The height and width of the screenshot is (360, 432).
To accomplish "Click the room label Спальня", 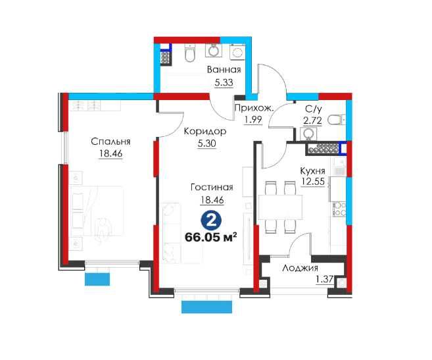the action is pyautogui.click(x=110, y=141).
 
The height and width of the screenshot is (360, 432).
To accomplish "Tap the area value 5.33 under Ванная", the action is pyautogui.click(x=224, y=82).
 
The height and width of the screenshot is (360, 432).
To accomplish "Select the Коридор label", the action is pyautogui.click(x=205, y=131).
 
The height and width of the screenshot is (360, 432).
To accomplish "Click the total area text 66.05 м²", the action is pyautogui.click(x=211, y=237).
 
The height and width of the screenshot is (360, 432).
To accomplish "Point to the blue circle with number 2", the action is pyautogui.click(x=211, y=220).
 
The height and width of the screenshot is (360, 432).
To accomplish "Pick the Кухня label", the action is pyautogui.click(x=312, y=171).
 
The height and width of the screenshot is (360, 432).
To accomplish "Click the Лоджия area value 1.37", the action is pyautogui.click(x=324, y=280).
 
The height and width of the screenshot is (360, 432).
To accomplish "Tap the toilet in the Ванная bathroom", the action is pyautogui.click(x=189, y=53).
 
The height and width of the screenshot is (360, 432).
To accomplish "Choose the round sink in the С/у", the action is pyautogui.click(x=308, y=134).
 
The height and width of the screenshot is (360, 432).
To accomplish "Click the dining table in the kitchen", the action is pyautogui.click(x=281, y=207).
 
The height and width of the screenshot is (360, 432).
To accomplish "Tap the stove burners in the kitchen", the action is pyautogui.click(x=339, y=209).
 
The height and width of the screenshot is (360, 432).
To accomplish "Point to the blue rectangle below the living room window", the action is pyautogui.click(x=206, y=307).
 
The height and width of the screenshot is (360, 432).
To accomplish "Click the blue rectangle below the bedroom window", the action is pyautogui.click(x=97, y=279).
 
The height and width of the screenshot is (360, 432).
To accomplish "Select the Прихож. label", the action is pyautogui.click(x=254, y=108).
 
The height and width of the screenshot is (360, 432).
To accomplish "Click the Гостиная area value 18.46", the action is pyautogui.click(x=212, y=200).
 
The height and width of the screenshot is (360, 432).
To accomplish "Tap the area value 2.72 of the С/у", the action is pyautogui.click(x=312, y=120).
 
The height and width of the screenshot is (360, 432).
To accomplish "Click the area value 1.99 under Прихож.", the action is pyautogui.click(x=252, y=120).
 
